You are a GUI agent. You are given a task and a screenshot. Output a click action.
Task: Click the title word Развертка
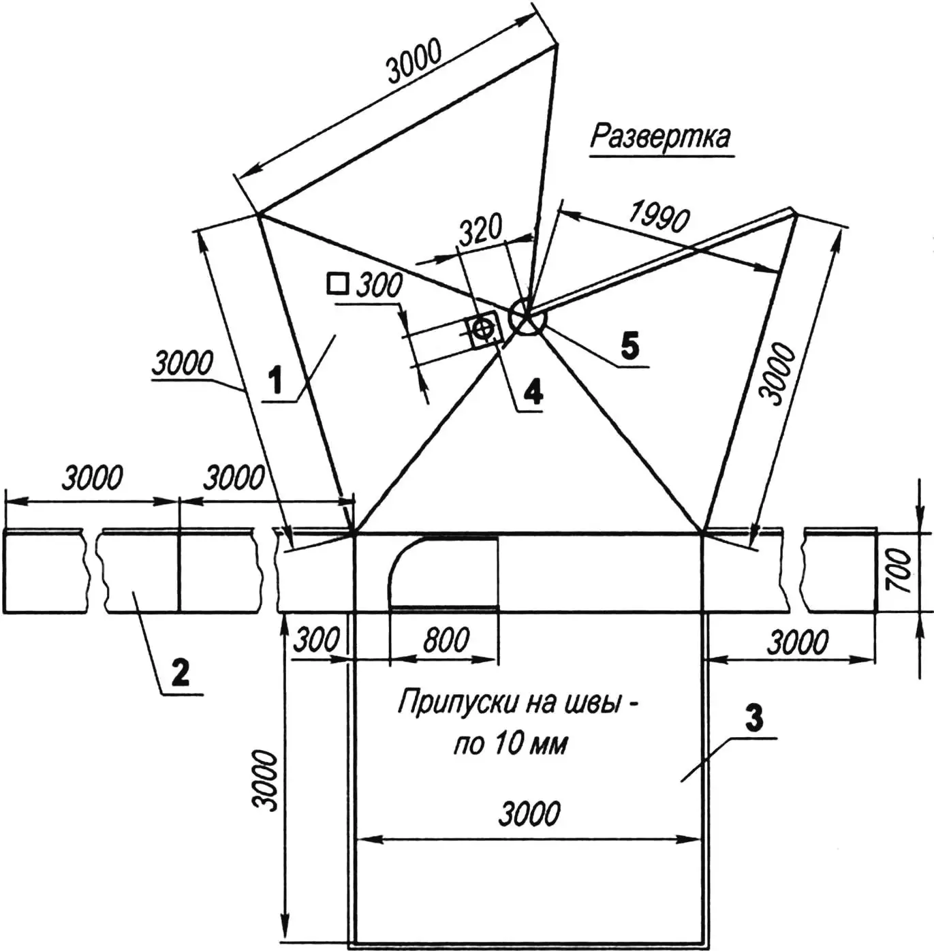pyautogui.click(x=659, y=137)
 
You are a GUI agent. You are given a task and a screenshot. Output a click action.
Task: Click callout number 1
pyautogui.click(x=275, y=380)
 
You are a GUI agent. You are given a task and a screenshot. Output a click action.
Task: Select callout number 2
pyautogui.click(x=180, y=673)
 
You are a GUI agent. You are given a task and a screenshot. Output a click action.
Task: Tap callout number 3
pyautogui.click(x=753, y=719)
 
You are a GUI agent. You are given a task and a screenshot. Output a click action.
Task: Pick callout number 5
pyautogui.click(x=630, y=346)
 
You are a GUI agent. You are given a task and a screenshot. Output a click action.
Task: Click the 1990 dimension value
pyautogui.click(x=658, y=217)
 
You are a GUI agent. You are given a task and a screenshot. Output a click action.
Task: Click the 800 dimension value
pyautogui.click(x=446, y=640)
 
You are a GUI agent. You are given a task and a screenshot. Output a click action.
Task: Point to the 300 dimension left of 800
pyautogui.click(x=316, y=640)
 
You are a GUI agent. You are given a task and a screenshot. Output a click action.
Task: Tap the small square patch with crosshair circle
pyautogui.click(x=484, y=330)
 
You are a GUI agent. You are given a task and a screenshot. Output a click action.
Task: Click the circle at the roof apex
pyautogui.click(x=526, y=317)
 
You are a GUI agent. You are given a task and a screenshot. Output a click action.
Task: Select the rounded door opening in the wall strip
pyautogui.click(x=443, y=572)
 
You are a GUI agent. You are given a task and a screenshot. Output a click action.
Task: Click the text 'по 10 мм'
pyautogui.click(x=510, y=744)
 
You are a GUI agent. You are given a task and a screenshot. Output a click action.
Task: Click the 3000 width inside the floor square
pyautogui.click(x=529, y=814)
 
